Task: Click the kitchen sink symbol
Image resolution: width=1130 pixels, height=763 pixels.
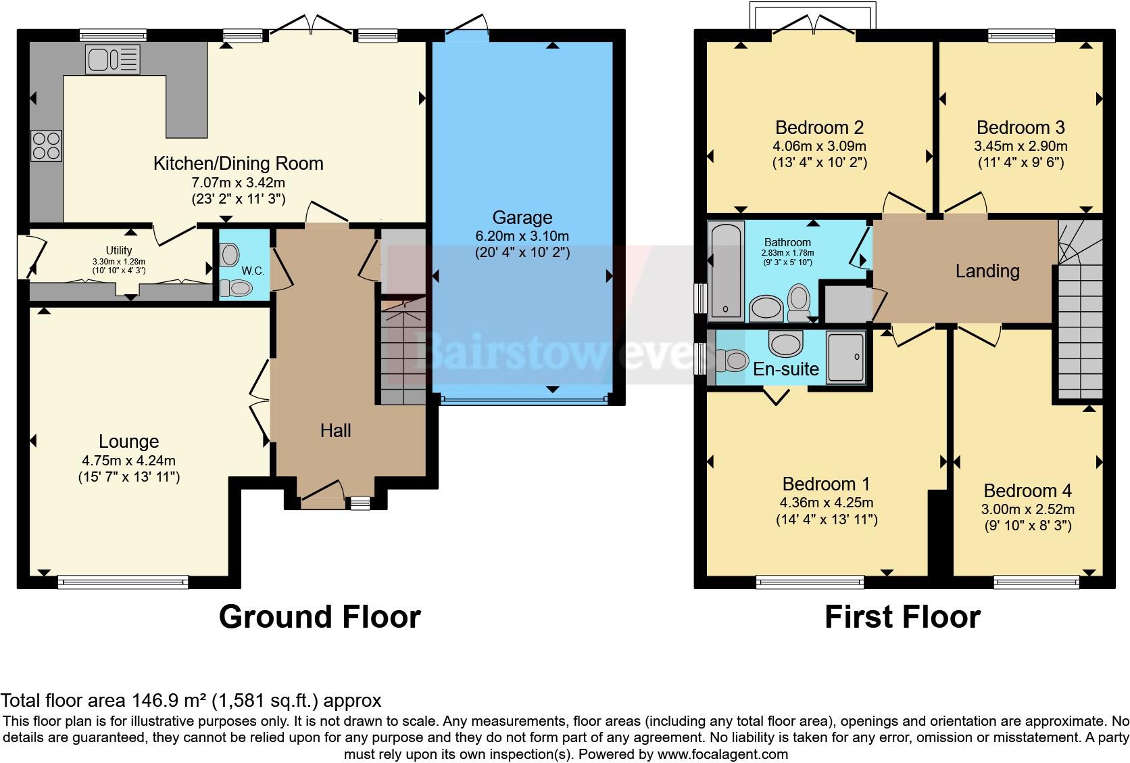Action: click(112, 59)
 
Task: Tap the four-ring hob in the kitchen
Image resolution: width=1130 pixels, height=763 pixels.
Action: click(46, 145)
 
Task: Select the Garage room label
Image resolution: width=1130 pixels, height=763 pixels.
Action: click(522, 217)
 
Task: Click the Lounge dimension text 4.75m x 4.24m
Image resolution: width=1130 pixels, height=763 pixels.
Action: click(128, 460)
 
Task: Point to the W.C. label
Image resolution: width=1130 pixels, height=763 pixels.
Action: click(253, 271)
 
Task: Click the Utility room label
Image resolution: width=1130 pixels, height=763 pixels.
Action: click(119, 250)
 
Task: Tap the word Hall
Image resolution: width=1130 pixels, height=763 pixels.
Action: click(335, 430)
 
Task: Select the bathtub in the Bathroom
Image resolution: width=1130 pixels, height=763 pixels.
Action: click(727, 271)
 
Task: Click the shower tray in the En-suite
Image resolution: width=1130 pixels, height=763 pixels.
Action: click(845, 357)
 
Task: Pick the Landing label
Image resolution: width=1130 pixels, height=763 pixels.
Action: click(987, 271)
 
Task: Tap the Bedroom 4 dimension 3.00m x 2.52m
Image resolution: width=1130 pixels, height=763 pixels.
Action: click(1027, 509)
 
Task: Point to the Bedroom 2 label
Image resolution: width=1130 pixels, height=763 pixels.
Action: click(819, 127)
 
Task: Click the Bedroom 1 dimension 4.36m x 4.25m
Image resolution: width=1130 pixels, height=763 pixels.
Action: click(826, 503)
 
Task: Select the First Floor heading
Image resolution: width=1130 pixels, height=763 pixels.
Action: click(902, 617)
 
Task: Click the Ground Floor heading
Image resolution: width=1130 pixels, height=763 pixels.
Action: click(320, 617)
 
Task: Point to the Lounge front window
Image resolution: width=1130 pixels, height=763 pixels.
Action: click(122, 580)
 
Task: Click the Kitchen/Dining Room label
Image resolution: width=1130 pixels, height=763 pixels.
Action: click(238, 163)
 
